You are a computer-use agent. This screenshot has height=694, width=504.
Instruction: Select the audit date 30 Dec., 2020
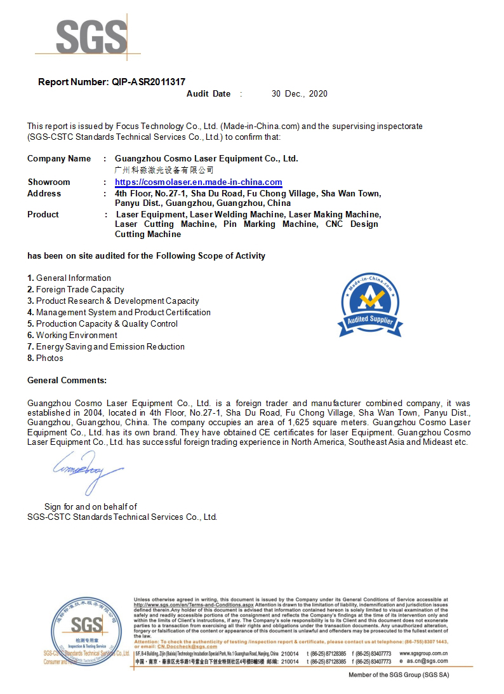tap(299, 93)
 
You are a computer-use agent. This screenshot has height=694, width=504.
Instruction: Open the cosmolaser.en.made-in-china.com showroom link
tap(198, 182)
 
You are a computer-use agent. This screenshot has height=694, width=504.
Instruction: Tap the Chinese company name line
tap(164, 170)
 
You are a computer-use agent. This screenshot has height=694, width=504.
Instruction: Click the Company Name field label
tap(59, 158)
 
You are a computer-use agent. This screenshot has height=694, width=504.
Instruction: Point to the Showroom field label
tap(49, 182)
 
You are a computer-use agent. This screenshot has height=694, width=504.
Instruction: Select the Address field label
tap(44, 193)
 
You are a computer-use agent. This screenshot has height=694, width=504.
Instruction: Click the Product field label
tap(43, 214)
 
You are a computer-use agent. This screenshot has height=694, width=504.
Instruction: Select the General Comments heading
tap(67, 380)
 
